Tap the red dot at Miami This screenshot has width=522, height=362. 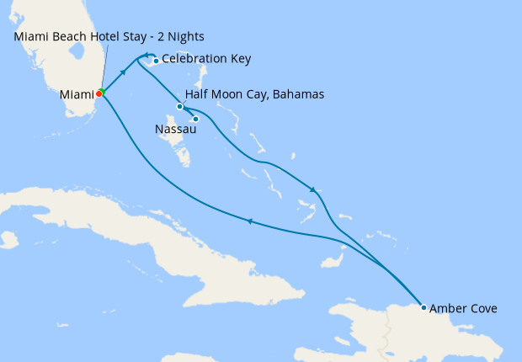(99, 94)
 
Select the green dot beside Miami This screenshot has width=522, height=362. (102, 91)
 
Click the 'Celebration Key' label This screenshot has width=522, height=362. (205, 60)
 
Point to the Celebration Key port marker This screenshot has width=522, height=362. (157, 61)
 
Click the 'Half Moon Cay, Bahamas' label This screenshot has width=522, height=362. (254, 94)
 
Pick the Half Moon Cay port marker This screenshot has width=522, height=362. (180, 106)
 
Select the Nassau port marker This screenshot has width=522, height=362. (195, 119)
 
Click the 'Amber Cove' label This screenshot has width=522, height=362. (463, 309)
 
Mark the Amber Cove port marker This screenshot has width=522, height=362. (423, 307)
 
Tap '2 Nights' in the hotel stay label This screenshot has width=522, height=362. (179, 37)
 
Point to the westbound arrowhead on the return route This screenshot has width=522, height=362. (248, 221)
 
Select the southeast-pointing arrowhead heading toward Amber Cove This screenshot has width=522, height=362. (314, 189)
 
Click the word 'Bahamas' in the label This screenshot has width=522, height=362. (298, 94)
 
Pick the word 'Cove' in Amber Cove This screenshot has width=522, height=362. (482, 309)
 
